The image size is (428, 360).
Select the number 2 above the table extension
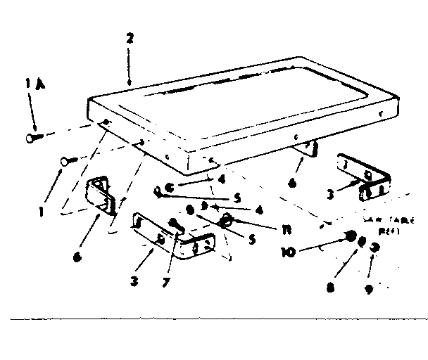130,39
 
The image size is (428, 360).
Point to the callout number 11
249,229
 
